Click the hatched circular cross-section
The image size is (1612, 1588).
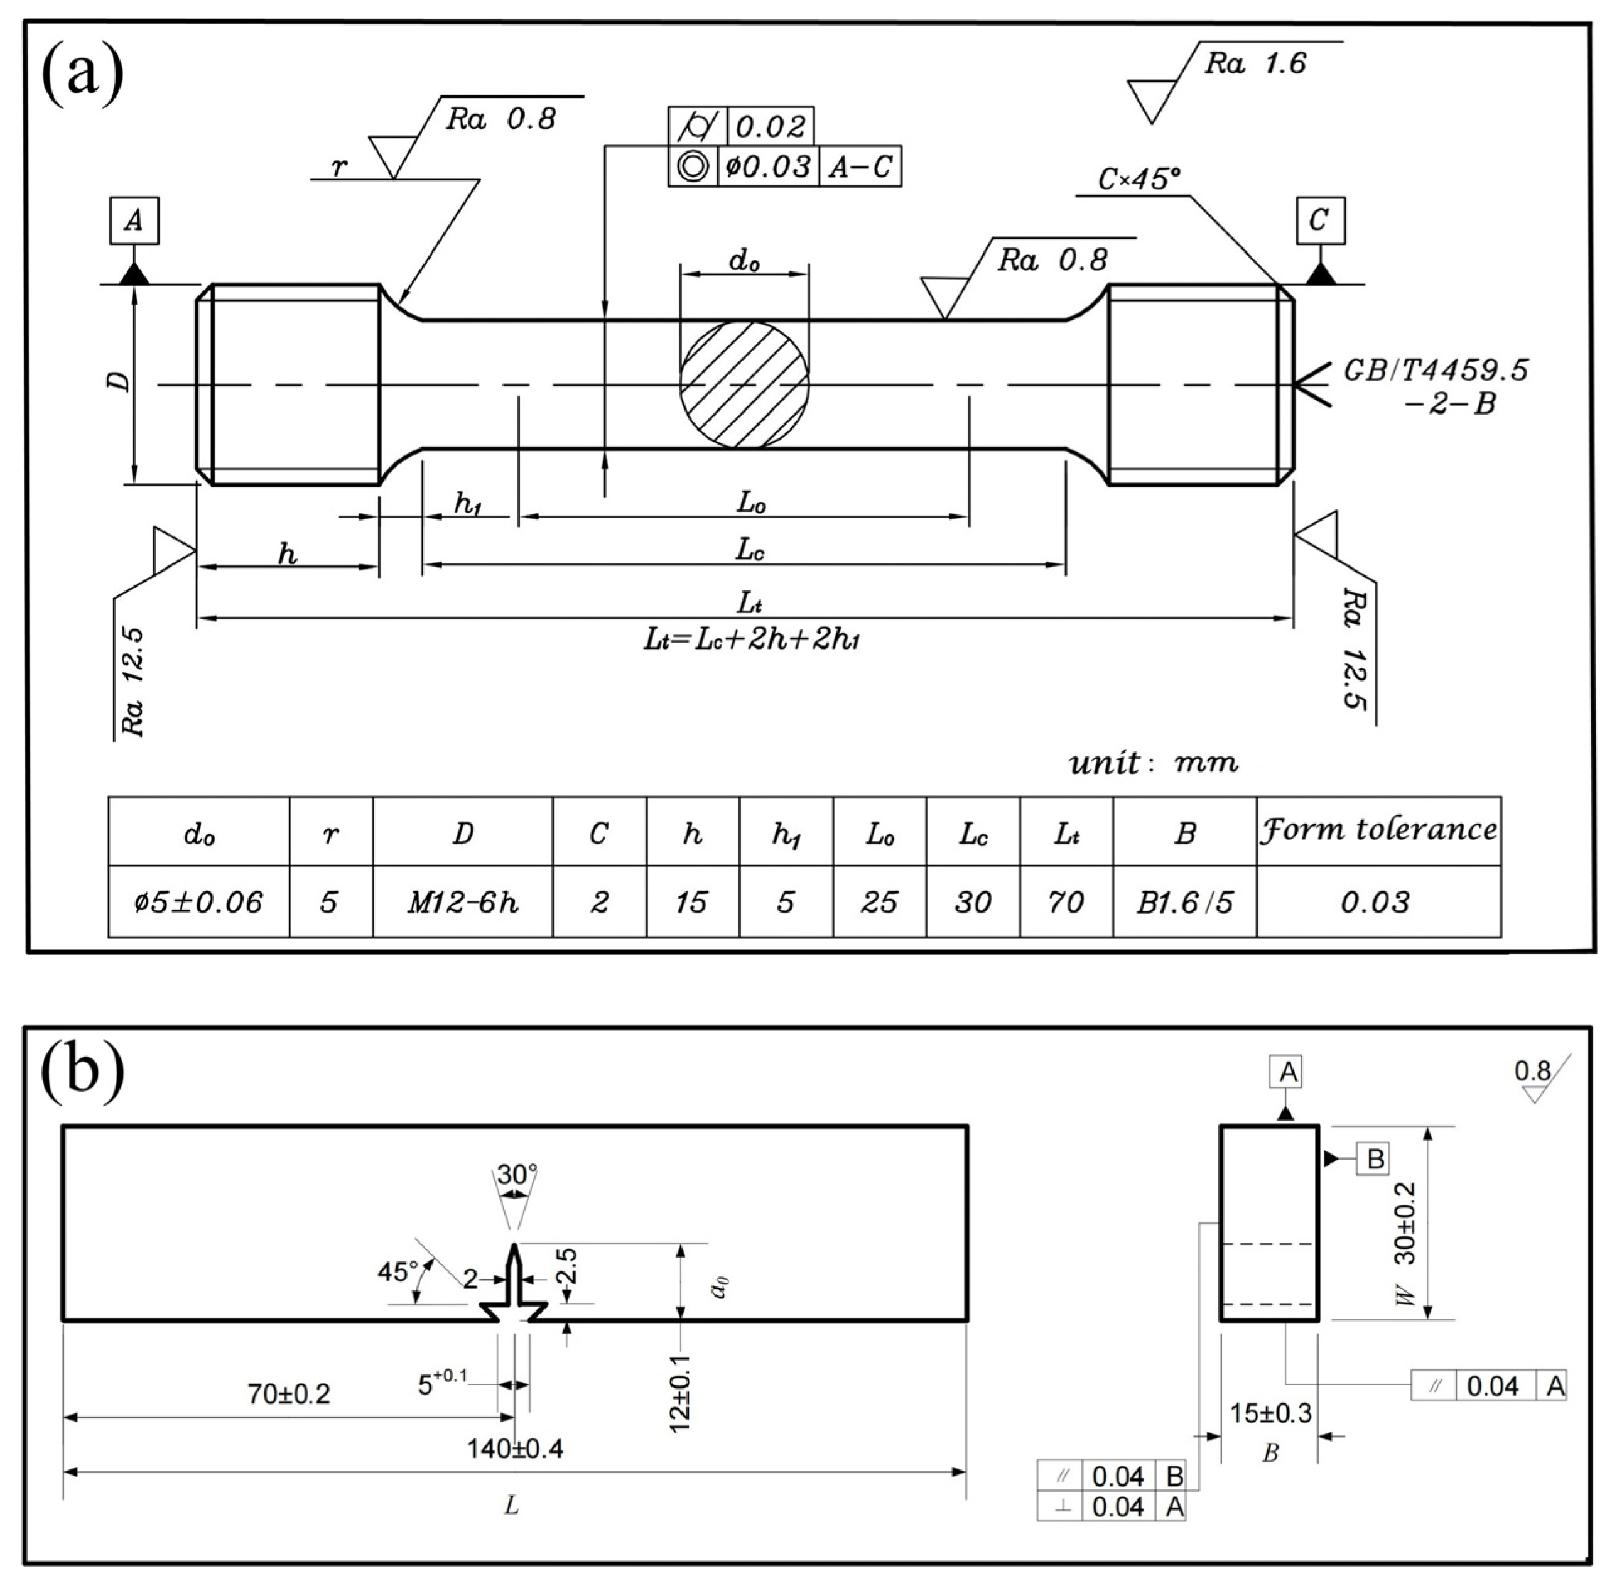point(744,384)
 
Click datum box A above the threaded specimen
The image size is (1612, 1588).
point(133,221)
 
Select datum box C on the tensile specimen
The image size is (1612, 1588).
point(1319,220)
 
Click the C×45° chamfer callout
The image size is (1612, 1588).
point(1139,178)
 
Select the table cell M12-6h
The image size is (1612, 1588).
point(462,903)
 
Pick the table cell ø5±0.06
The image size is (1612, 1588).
point(198,903)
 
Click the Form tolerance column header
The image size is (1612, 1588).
point(1378,830)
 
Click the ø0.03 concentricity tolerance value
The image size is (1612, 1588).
point(767,167)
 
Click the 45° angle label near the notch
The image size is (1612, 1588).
point(397,1273)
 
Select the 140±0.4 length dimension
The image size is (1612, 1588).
point(514,1449)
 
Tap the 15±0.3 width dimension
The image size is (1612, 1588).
point(1270,1413)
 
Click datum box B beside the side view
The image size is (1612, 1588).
point(1375,1158)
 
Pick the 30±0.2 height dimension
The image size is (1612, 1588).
point(1405,1222)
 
